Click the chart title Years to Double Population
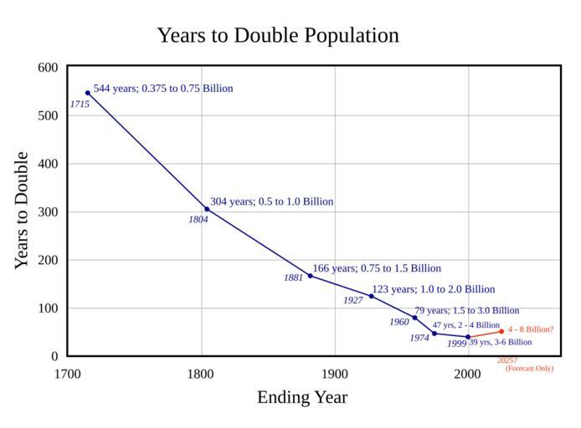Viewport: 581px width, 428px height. click(x=278, y=36)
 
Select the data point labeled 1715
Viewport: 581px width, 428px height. click(x=87, y=93)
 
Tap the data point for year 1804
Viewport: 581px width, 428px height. click(x=207, y=209)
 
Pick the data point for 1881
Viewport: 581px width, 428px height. click(x=310, y=275)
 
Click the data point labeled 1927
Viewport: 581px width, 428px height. click(x=372, y=296)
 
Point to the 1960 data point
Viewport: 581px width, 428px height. click(x=414, y=318)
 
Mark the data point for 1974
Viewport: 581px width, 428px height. click(x=434, y=334)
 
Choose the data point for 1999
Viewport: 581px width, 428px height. click(x=468, y=337)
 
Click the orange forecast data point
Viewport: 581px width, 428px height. click(x=501, y=331)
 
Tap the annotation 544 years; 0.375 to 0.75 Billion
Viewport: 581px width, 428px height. click(x=163, y=89)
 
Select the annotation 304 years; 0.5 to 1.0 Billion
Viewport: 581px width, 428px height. click(x=271, y=201)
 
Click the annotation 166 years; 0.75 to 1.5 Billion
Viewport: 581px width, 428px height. click(x=377, y=268)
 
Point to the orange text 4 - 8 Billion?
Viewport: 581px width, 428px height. click(x=531, y=329)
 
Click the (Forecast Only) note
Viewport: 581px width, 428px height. click(x=529, y=369)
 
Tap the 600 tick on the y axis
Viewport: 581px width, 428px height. click(x=49, y=68)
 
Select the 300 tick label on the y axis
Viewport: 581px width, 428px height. click(x=49, y=212)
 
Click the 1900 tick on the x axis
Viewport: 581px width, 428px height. click(x=335, y=374)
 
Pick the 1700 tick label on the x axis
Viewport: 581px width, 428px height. click(x=68, y=374)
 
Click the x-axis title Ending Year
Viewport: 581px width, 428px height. click(x=302, y=398)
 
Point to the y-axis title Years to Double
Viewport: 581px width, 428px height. click(x=23, y=211)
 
